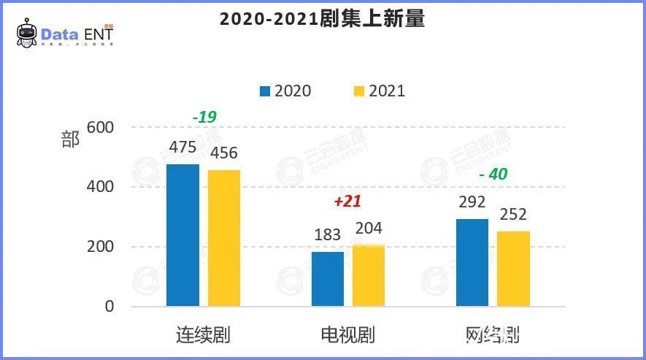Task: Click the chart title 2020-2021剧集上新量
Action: click(322, 19)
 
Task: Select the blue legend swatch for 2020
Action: click(264, 91)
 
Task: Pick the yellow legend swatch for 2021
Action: click(358, 91)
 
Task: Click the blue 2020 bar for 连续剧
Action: click(182, 235)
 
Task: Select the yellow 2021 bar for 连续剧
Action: click(224, 238)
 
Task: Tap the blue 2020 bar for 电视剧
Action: click(328, 279)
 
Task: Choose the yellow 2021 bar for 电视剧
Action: click(369, 276)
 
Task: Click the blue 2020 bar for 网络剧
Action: click(472, 262)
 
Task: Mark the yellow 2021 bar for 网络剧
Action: click(514, 269)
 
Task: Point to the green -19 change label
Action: click(204, 117)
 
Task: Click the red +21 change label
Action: click(347, 202)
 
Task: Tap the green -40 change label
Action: click(493, 175)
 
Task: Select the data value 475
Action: click(182, 148)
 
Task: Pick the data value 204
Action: click(369, 229)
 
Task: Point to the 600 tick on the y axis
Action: click(100, 127)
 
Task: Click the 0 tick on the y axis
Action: click(109, 307)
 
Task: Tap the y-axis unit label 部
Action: click(70, 139)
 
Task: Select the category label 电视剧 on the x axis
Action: click(347, 335)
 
